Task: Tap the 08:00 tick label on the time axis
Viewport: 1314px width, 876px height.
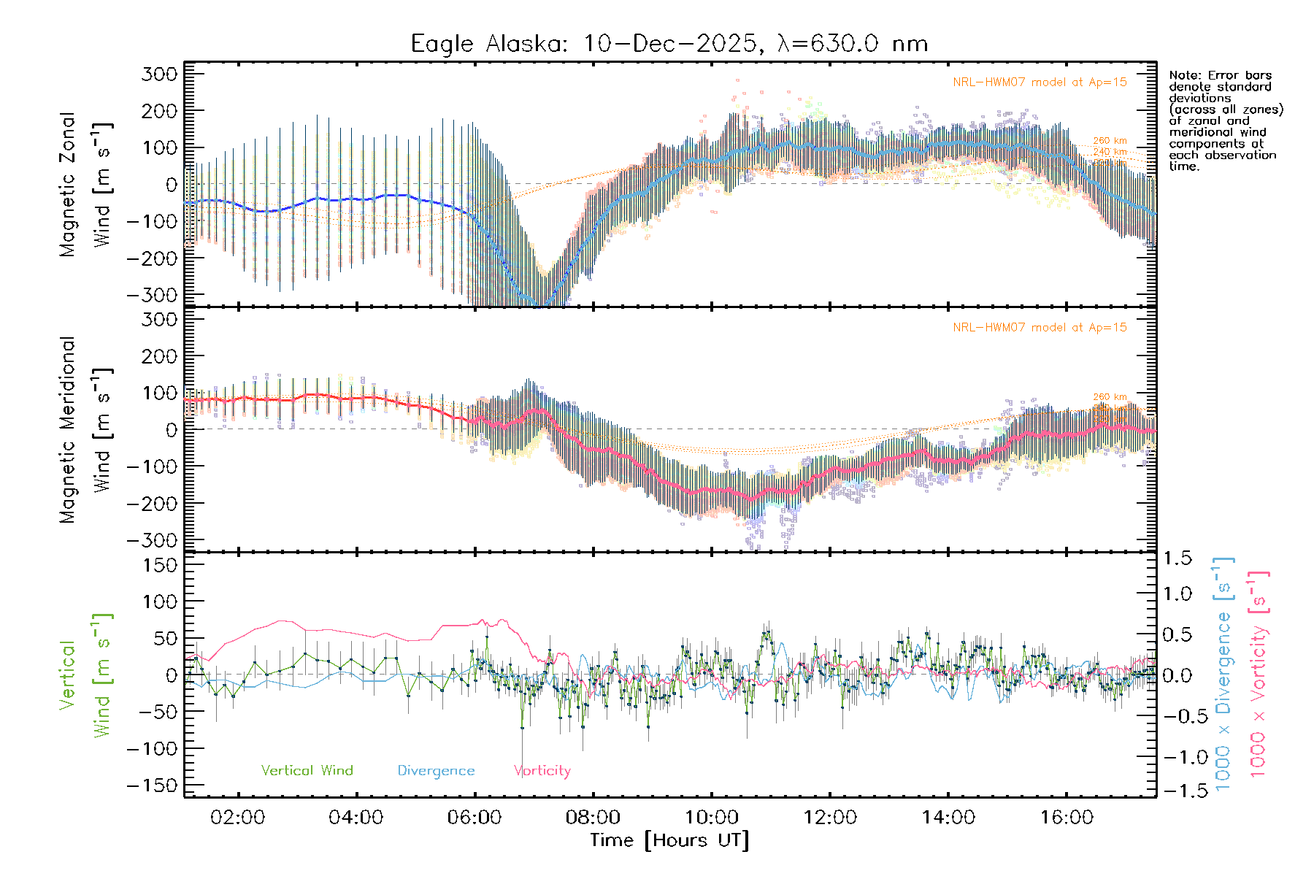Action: coord(593,818)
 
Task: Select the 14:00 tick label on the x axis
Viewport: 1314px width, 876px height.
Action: coord(948,818)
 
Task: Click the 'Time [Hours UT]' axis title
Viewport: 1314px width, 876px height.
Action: coord(669,840)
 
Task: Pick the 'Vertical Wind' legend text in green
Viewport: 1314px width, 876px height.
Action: coord(307,770)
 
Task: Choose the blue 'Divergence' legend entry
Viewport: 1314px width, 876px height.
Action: coord(436,771)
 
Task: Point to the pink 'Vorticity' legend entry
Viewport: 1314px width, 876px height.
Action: coord(542,770)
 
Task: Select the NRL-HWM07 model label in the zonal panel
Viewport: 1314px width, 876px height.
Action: coord(1040,82)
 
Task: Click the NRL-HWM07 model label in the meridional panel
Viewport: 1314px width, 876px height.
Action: coord(1040,328)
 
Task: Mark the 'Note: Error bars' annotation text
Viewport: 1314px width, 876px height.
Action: coord(1221,75)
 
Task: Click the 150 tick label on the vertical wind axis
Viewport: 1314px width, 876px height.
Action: coord(161,565)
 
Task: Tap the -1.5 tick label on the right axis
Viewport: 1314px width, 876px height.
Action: coord(1177,791)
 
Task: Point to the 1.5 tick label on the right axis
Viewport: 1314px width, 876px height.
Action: coord(1177,558)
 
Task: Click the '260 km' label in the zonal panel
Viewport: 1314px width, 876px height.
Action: coord(1110,141)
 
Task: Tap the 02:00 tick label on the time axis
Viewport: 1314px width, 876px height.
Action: coord(237,818)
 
